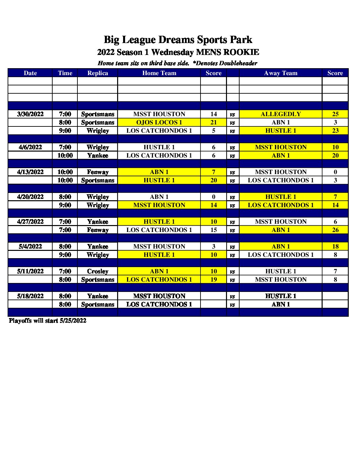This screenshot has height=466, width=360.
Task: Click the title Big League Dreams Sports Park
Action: click(178, 40)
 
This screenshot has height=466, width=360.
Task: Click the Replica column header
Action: click(98, 73)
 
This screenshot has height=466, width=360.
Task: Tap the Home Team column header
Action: click(159, 73)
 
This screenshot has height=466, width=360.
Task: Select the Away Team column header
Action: click(281, 73)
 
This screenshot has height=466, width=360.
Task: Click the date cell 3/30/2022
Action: click(30, 114)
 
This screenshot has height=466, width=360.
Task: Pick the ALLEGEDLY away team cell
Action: click(281, 114)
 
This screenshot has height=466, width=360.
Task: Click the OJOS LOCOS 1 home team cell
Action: click(159, 122)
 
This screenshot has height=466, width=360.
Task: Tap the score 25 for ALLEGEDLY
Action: click(335, 114)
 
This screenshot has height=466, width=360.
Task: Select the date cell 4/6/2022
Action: click(30, 147)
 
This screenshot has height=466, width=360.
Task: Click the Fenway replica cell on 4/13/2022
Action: click(98, 172)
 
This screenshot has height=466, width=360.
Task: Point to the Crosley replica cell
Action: click(98, 271)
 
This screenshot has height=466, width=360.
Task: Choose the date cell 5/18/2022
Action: click(30, 296)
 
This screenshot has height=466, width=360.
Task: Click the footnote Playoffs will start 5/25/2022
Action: click(48, 321)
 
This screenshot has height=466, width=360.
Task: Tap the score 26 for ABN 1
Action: click(335, 230)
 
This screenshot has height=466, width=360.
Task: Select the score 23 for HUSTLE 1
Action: click(335, 131)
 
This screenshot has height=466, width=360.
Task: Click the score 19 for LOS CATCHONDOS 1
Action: click(214, 280)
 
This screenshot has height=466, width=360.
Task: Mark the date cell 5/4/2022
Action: click(30, 247)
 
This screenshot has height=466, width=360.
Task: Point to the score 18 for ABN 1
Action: click(335, 247)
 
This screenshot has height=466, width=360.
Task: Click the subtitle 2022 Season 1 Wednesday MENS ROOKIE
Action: click(178, 52)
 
